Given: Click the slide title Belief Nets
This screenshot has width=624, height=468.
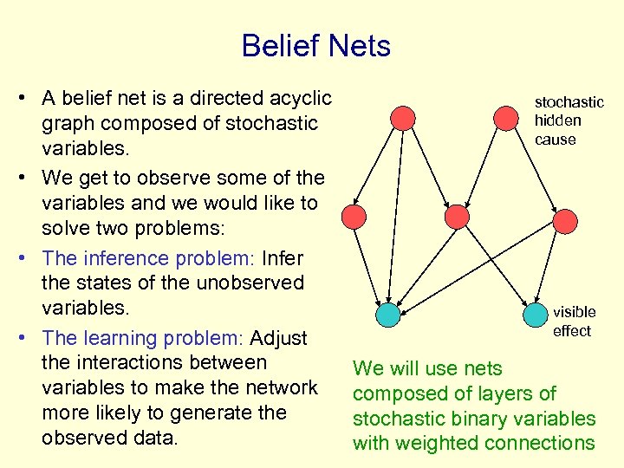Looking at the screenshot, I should pyautogui.click(x=316, y=46).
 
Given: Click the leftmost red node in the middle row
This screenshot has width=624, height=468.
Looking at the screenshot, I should pyautogui.click(x=354, y=216).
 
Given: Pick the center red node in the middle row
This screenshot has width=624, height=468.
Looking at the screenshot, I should pyautogui.click(x=456, y=216).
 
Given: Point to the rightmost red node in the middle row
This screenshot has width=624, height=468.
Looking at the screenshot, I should pyautogui.click(x=565, y=221).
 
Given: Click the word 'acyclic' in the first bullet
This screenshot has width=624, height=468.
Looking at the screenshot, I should pyautogui.click(x=297, y=98).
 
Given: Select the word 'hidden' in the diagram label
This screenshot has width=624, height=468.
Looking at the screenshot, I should pyautogui.click(x=557, y=120).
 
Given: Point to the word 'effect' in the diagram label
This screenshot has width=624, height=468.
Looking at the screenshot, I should pyautogui.click(x=571, y=331).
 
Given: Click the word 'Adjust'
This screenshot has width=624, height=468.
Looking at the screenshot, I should pyautogui.click(x=283, y=338).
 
